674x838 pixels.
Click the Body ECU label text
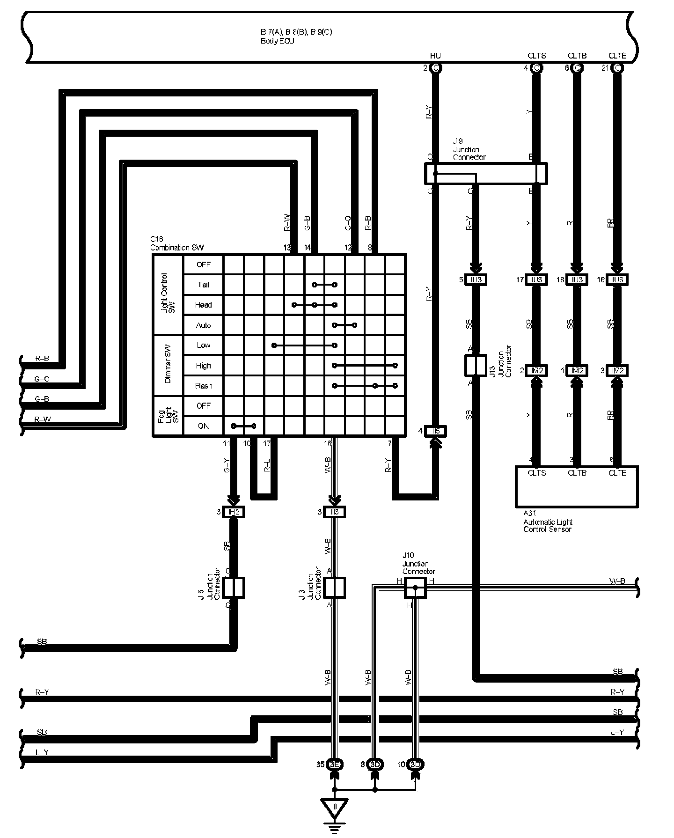pos(278,41)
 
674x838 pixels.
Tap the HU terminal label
pos(435,56)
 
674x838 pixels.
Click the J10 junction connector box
pos(415,588)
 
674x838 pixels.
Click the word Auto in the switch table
pos(203,325)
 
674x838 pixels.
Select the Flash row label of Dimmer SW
pos(203,386)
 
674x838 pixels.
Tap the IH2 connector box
pos(234,512)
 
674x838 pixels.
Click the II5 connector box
pos(436,431)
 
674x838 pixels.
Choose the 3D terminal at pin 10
pos(416,764)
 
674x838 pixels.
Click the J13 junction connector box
pos(475,365)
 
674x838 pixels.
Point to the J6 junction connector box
pos(233,588)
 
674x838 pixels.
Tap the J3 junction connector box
pos(334,588)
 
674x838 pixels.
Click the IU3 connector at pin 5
pos(476,280)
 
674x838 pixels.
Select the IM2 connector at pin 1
pos(577,370)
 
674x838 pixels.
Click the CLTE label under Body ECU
pos(617,56)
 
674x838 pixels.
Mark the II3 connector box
pos(334,512)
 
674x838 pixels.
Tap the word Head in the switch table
pos(203,305)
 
